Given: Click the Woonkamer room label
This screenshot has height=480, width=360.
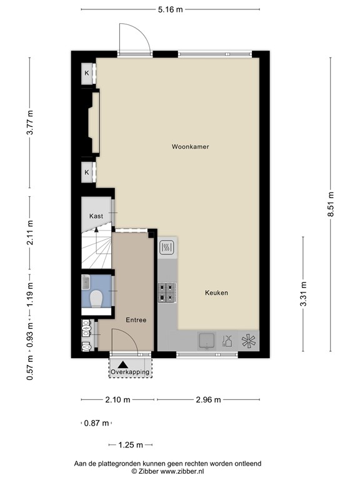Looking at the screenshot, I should coord(191,147).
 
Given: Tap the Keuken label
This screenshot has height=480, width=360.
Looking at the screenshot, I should coord(216,292).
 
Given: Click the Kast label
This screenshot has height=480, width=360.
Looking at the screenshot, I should coord(96,216).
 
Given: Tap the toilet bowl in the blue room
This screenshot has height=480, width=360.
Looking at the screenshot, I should coord(96,301).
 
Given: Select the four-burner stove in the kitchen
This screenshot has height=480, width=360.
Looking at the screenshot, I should coord(167,292).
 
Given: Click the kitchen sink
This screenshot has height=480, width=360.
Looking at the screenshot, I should coord(206,341).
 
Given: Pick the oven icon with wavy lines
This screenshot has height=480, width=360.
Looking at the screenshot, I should coord(167,249).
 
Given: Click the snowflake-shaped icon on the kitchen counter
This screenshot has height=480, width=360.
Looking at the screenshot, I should coord(249,341).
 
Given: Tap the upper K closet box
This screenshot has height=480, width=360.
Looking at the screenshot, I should coord(87,73).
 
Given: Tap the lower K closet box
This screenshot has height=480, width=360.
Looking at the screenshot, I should coord(87,172).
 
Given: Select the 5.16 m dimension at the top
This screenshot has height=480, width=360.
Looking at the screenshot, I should coord(170,9).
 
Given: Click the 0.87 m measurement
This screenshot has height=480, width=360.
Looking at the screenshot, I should coord(96,423).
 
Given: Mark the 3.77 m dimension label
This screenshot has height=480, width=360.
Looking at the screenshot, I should coord(29,122).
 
